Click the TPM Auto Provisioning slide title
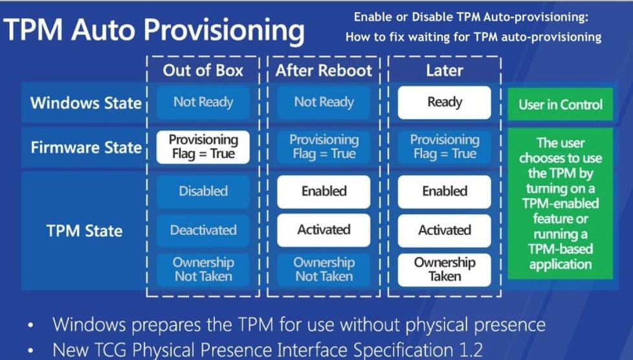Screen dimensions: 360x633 [x=154, y=30]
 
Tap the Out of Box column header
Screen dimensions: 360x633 [x=203, y=71]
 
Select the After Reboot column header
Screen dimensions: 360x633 [x=324, y=71]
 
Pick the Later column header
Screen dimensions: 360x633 [x=444, y=71]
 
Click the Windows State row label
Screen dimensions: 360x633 [x=85, y=103]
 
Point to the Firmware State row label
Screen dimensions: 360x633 [x=85, y=147]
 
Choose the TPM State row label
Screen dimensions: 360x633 [x=85, y=231]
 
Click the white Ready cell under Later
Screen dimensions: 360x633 [x=444, y=102]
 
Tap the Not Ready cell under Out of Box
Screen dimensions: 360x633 [x=203, y=102]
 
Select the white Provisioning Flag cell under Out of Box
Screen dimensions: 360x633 [x=203, y=147]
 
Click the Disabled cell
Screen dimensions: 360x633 [x=203, y=192]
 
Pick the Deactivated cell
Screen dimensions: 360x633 [x=203, y=231]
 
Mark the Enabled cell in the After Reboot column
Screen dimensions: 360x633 [x=324, y=192]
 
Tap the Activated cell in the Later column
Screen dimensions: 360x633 [x=444, y=231]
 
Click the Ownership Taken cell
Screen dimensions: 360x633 [x=444, y=269]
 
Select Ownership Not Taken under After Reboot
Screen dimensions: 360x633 [x=324, y=269]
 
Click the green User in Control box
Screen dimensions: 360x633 [x=560, y=104]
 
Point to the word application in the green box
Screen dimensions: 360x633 [x=560, y=264]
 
